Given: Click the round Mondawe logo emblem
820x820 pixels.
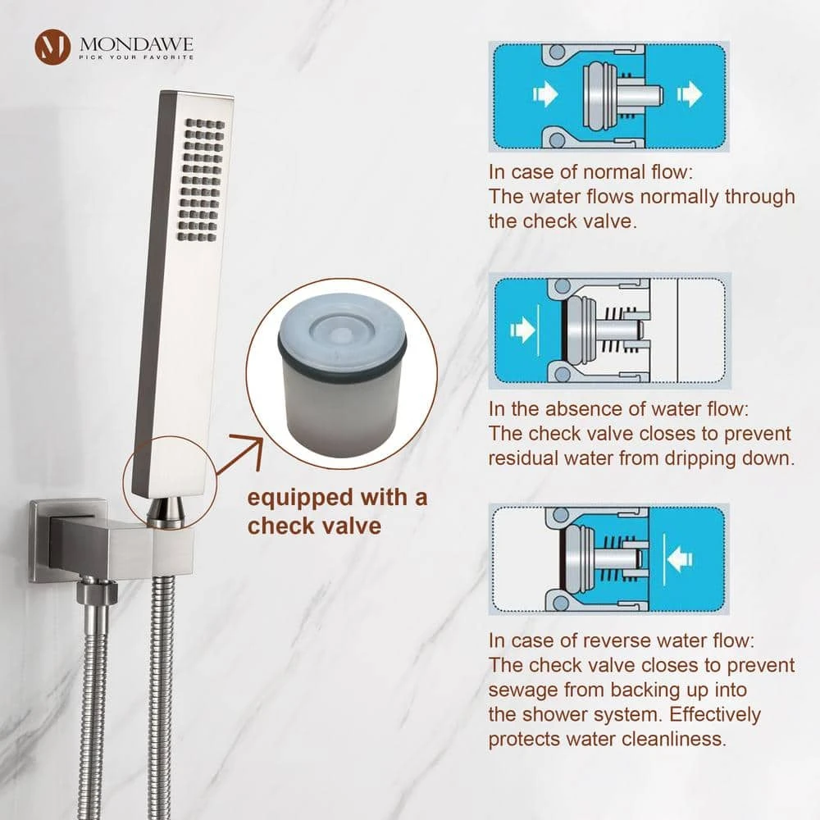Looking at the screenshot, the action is pyautogui.click(x=52, y=47).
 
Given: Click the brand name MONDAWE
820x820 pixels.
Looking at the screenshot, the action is pyautogui.click(x=136, y=43).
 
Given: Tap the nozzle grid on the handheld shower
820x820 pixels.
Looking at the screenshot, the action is pyautogui.click(x=203, y=180).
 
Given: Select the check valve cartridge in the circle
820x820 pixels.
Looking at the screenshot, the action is pyautogui.click(x=343, y=374).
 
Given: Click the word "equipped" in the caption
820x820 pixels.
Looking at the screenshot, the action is pyautogui.click(x=299, y=499).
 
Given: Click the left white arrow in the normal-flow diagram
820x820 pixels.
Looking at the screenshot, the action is pyautogui.click(x=545, y=94).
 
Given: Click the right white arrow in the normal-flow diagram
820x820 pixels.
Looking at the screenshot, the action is pyautogui.click(x=690, y=94).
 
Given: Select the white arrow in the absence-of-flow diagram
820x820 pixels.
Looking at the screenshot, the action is pyautogui.click(x=522, y=330).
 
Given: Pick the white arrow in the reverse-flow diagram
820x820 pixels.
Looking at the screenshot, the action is pyautogui.click(x=679, y=559).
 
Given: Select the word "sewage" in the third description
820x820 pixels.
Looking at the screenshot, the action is pyautogui.click(x=522, y=690).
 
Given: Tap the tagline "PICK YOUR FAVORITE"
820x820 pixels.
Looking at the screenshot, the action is pyautogui.click(x=136, y=57).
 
